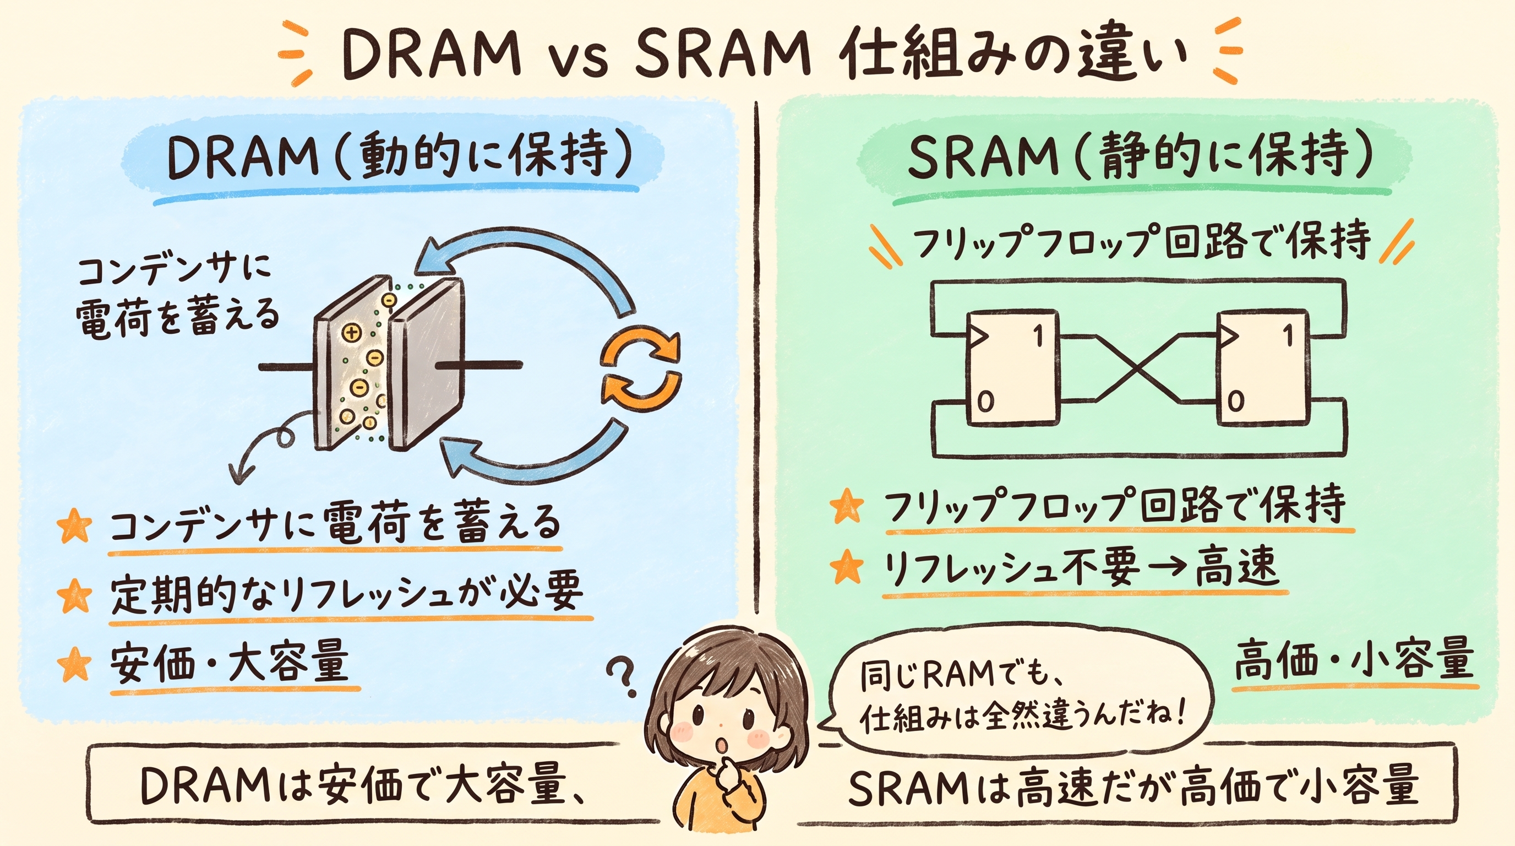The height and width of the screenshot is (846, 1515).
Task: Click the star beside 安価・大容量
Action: click(75, 664)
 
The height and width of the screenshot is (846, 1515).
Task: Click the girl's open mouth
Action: click(721, 745)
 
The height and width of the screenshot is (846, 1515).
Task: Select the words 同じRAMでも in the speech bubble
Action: click(956, 677)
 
